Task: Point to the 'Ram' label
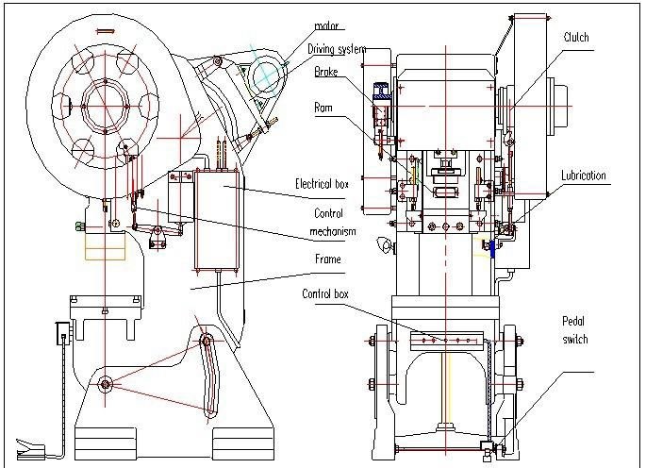(x=323, y=108)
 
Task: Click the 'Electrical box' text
(x=322, y=184)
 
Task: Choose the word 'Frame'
(x=327, y=259)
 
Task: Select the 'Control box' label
(x=325, y=294)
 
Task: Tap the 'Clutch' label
(x=575, y=38)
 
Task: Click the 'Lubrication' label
(x=584, y=175)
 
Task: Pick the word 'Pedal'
(x=575, y=322)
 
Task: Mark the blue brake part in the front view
(x=384, y=92)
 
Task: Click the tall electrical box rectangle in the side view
(x=219, y=219)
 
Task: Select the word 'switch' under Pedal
(x=575, y=340)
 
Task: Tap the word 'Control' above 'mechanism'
(x=328, y=213)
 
